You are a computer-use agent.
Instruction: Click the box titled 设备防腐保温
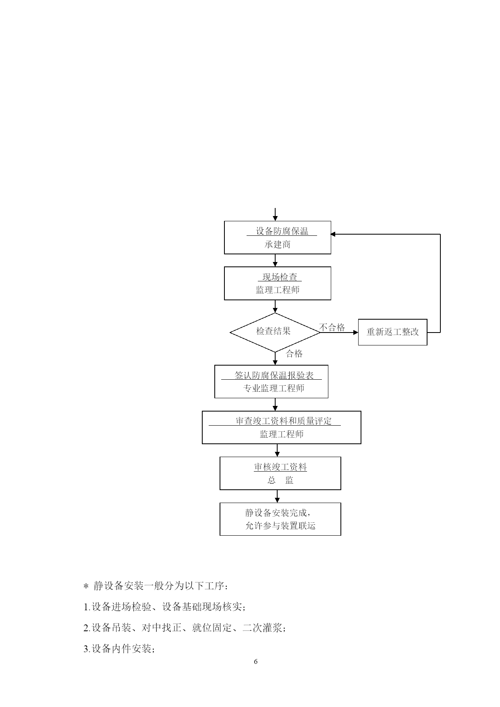pos(278,237)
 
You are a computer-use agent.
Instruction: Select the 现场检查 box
pos(278,283)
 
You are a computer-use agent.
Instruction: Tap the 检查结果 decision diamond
pos(275,333)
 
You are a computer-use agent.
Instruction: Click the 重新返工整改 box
pos(393,332)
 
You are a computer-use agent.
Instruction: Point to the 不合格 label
pos(332,327)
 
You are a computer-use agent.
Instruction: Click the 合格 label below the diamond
pos(294,353)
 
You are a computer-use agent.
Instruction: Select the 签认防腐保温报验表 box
pos(272,382)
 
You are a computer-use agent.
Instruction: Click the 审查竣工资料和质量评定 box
pos(282,428)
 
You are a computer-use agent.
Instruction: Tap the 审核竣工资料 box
pos(280,473)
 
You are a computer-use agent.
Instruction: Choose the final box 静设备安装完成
pos(280,519)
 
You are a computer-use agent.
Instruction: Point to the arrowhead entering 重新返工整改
pos(356,333)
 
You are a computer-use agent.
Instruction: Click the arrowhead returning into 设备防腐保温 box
pos(333,234)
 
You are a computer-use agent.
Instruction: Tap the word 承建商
pos(278,245)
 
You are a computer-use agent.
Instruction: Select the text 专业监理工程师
pos(274,389)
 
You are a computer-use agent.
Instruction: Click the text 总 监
pos(280,480)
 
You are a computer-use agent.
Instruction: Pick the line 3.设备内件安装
pos(119,649)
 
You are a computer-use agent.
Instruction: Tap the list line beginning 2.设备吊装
pos(185,628)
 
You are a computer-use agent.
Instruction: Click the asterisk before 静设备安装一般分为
pos(85,586)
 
